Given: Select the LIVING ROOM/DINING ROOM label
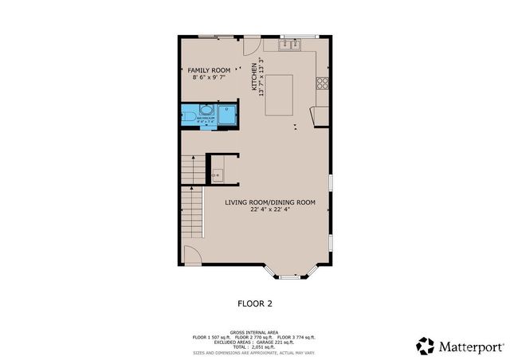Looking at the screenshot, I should coord(270,202).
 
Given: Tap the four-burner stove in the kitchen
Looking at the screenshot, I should coord(324,82).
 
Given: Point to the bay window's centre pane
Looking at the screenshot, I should coord(290,276).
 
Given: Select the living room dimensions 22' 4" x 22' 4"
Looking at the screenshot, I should coord(270,210).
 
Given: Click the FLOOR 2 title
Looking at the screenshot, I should coord(255,303).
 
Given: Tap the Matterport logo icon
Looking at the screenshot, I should coord(425,346).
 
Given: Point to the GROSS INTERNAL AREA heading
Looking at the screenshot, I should coord(255,331).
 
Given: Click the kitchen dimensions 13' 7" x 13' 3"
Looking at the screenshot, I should coord(261,76).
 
